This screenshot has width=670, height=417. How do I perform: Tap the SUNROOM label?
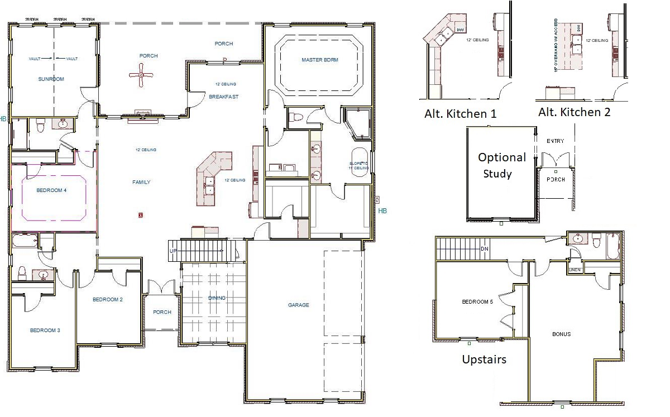click(x=51, y=79)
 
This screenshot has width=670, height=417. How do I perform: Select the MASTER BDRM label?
click(x=319, y=60)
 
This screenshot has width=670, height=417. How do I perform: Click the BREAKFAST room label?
click(x=223, y=97)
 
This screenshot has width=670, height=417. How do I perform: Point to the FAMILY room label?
click(x=141, y=182)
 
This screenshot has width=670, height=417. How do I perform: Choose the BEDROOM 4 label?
click(x=51, y=190)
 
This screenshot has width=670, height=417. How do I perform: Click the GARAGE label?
click(x=298, y=305)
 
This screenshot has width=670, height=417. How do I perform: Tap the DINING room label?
click(x=217, y=298)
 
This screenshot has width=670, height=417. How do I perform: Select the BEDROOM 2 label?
click(x=107, y=300)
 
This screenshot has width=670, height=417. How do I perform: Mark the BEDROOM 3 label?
click(x=45, y=330)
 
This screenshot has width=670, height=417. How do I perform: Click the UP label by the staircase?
click(x=173, y=252)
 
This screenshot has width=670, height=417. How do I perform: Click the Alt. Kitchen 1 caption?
click(x=460, y=114)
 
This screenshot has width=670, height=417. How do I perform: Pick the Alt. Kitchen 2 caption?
click(x=574, y=112)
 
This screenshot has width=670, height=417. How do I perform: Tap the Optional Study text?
click(x=501, y=165)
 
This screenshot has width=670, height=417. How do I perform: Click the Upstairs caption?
click(x=484, y=360)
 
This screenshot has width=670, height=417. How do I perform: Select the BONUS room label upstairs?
click(x=561, y=334)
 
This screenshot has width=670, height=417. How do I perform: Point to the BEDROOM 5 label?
click(x=477, y=302)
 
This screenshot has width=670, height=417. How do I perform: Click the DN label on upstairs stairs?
click(x=485, y=248)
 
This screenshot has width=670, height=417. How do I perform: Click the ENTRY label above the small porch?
click(x=556, y=141)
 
